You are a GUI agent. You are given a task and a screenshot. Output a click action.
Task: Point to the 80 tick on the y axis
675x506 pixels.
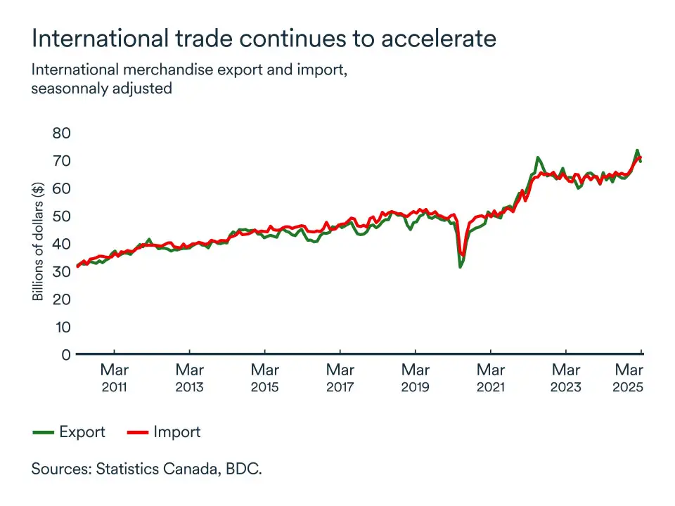[62, 133]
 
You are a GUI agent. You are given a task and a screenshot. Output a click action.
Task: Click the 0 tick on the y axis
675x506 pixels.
[66, 355]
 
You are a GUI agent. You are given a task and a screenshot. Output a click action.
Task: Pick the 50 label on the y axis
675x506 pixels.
[62, 216]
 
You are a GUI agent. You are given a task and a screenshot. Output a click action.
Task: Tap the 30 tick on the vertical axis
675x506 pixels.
[62, 271]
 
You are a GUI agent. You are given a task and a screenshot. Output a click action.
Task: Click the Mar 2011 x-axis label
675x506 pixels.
[114, 377]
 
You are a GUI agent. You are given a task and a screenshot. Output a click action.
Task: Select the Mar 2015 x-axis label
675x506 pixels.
[264, 377]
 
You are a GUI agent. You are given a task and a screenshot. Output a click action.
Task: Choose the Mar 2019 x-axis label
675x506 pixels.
[416, 377]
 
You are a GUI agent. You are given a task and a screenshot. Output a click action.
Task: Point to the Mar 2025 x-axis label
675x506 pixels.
[629, 377]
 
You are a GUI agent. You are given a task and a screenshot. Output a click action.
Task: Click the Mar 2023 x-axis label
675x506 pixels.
[566, 377]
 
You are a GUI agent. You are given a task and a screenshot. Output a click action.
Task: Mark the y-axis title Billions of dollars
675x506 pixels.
[38, 240]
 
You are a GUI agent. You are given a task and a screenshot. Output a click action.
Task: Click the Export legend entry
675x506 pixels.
[82, 432]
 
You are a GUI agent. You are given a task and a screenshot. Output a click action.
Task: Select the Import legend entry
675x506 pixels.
[176, 432]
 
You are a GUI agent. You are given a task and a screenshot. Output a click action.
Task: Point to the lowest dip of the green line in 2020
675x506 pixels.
[460, 267]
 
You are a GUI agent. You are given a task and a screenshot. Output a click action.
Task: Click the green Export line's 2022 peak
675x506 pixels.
[537, 157]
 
